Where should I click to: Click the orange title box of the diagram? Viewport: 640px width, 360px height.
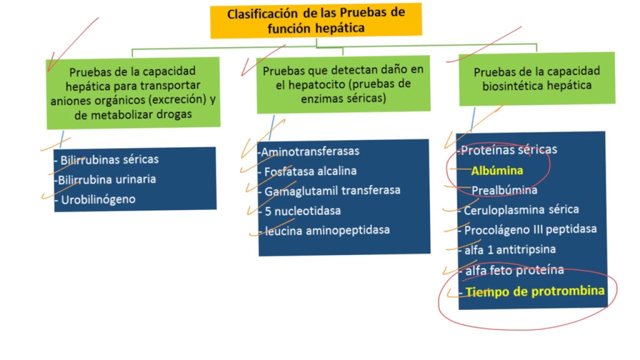coord(316,20)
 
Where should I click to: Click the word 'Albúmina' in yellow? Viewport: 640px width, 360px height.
coord(497,170)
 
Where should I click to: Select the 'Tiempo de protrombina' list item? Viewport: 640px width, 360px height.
coord(534,291)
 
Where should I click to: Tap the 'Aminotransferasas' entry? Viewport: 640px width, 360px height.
coord(310,151)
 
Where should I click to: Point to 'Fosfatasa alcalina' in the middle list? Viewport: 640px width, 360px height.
coord(310,171)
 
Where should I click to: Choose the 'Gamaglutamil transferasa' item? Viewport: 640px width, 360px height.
coord(332,190)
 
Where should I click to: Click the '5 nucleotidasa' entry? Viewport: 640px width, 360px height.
coord(303,210)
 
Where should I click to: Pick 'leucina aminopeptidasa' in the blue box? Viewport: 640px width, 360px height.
coord(327,230)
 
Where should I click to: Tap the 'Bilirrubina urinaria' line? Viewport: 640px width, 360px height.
coord(106,179)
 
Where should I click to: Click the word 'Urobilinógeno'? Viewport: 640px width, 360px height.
coord(98,199)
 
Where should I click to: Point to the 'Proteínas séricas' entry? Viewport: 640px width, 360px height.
coord(508,149)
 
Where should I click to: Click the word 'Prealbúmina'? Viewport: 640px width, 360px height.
coord(504,190)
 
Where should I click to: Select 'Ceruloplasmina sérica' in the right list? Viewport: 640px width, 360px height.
coord(521,210)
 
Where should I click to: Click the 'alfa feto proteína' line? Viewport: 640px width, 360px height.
coord(514,270)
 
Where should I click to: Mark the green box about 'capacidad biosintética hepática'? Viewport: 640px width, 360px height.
coord(536,78)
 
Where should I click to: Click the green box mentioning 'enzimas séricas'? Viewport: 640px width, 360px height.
coord(343,84)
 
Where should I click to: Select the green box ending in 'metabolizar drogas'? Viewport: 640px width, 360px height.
coord(133,93)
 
